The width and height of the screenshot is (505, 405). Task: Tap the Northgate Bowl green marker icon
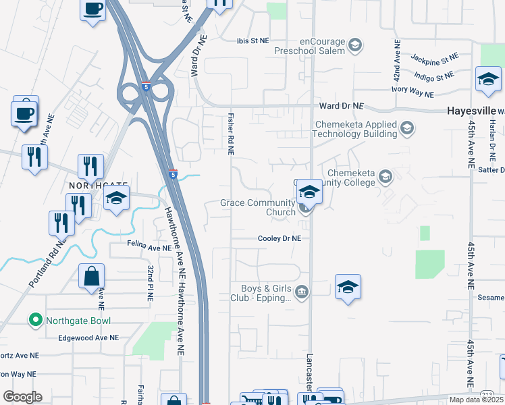(x=36, y=320)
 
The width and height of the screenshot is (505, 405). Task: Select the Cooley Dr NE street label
(x=280, y=238)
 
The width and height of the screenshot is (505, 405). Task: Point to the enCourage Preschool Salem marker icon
(x=355, y=46)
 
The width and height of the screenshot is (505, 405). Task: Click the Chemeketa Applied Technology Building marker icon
(x=406, y=127)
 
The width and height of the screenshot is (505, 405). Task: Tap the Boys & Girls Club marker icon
(x=301, y=292)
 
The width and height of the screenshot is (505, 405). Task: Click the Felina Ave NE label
(x=149, y=248)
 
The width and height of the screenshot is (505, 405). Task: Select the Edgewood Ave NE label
(x=88, y=337)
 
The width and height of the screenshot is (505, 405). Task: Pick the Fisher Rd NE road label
(x=231, y=134)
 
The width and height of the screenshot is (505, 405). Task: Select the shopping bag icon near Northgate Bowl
(x=92, y=276)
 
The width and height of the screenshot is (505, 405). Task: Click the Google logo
(x=22, y=396)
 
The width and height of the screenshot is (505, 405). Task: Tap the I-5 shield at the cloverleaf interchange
(x=147, y=86)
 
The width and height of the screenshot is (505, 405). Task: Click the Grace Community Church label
(x=259, y=207)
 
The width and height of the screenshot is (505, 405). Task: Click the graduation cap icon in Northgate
(x=117, y=199)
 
